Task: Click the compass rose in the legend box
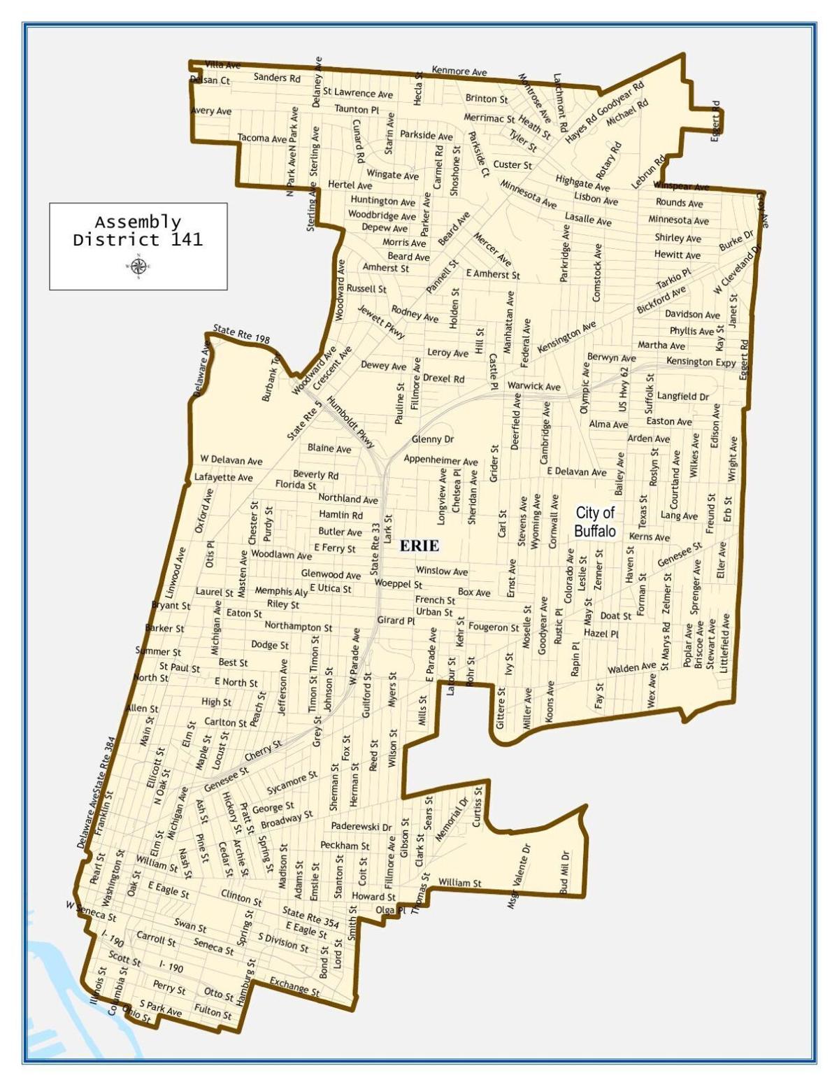pyautogui.click(x=138, y=266)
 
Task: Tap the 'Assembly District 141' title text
pyautogui.click(x=138, y=231)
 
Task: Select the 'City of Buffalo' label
pyautogui.click(x=594, y=522)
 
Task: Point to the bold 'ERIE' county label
pyautogui.click(x=419, y=546)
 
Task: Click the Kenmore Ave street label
pyautogui.click(x=459, y=71)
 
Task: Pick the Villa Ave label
pyautogui.click(x=222, y=65)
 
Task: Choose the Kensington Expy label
pyautogui.click(x=701, y=362)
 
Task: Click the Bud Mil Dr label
pyautogui.click(x=565, y=872)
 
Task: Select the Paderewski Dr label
pyautogui.click(x=361, y=826)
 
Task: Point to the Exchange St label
pyautogui.click(x=294, y=986)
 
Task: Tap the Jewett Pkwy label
pyautogui.click(x=381, y=322)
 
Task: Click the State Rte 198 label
pyautogui.click(x=241, y=334)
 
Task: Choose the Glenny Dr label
pyautogui.click(x=432, y=439)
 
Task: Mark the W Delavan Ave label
pyautogui.click(x=231, y=460)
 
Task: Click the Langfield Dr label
pyautogui.click(x=683, y=396)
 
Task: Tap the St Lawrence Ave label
pyautogui.click(x=358, y=92)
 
